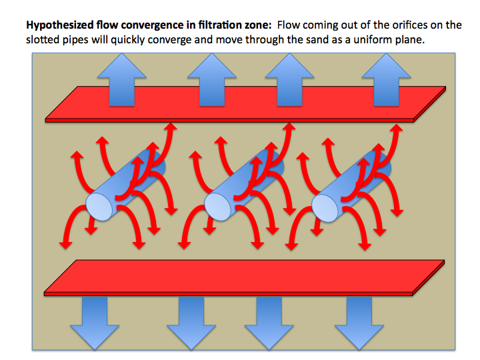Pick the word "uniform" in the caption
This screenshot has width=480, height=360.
[371, 40]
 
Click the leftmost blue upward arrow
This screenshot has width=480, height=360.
[122, 79]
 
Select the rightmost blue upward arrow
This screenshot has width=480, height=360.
[386, 79]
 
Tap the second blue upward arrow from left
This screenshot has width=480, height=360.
[212, 79]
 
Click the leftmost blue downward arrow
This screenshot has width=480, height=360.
[95, 323]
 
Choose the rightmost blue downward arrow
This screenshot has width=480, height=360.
[359, 323]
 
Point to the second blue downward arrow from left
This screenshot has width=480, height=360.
[191, 323]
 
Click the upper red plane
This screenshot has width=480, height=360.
[245, 105]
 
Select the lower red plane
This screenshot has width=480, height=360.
[244, 278]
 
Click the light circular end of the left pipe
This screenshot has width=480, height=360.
[99, 207]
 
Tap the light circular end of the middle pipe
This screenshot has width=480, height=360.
[217, 207]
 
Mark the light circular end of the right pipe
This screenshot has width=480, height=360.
[325, 208]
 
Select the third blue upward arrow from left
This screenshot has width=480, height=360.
[289, 79]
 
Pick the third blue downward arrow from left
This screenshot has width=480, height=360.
[269, 323]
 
